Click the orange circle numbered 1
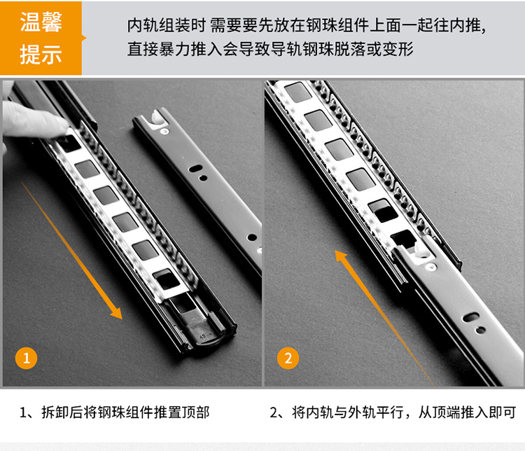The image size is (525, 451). (26, 358)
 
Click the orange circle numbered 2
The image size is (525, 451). (288, 358)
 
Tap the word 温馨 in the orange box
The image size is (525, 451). (41, 22)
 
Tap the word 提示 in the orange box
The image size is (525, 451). (41, 54)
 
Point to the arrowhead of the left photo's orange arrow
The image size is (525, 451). (116, 312)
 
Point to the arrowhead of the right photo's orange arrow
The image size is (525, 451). (341, 256)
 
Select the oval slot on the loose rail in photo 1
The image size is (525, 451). (195, 169)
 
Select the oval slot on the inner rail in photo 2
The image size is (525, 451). (471, 317)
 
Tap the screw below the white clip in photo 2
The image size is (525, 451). (430, 267)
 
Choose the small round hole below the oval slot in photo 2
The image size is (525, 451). (481, 330)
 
